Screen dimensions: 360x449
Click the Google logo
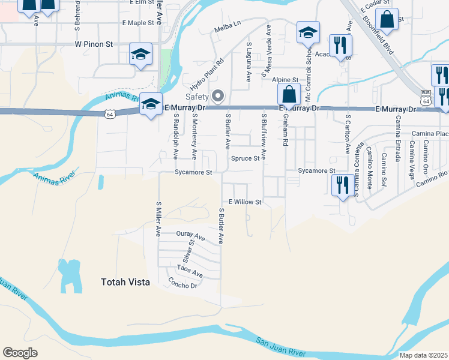(x=20, y=353)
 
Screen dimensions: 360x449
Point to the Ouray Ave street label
(x=191, y=235)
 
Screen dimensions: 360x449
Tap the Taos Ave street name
(x=190, y=272)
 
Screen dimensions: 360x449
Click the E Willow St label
(x=245, y=202)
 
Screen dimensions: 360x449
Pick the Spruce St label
(x=245, y=158)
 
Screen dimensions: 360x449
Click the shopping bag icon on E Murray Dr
(x=289, y=94)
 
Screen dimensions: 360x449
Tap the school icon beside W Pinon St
(x=140, y=55)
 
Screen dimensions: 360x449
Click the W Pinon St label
(x=94, y=44)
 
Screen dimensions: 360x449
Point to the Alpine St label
(x=285, y=79)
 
